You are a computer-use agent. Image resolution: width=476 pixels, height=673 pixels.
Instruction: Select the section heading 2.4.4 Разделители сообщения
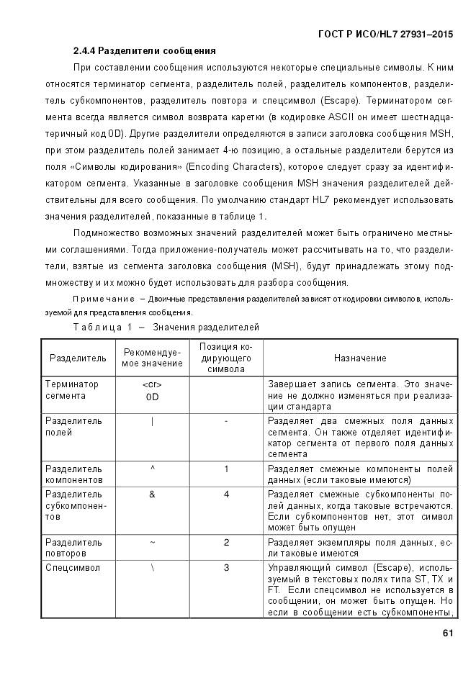pyautogui.click(x=144, y=51)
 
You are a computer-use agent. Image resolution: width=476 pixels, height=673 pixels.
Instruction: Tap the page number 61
pyautogui.click(x=447, y=633)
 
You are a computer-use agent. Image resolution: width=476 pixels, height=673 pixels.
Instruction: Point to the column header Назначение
pyautogui.click(x=360, y=358)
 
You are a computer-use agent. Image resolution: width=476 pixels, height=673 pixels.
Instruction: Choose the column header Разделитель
pyautogui.click(x=78, y=358)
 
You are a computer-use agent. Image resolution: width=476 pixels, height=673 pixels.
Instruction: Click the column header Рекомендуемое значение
pyautogui.click(x=152, y=358)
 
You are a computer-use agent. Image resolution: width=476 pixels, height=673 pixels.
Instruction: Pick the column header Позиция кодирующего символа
pyautogui.click(x=225, y=358)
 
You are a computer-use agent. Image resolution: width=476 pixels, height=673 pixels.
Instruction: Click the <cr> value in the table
pyautogui.click(x=152, y=384)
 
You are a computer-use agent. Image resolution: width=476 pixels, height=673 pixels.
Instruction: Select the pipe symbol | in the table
pyautogui.click(x=152, y=422)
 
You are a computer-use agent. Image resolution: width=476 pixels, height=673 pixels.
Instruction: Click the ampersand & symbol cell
pyautogui.click(x=152, y=494)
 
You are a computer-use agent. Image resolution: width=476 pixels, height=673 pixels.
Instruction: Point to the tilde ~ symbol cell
pyautogui.click(x=152, y=542)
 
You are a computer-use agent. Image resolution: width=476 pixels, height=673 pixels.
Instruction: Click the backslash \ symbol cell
pyautogui.click(x=152, y=568)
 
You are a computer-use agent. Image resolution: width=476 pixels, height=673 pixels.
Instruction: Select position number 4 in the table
pyautogui.click(x=226, y=494)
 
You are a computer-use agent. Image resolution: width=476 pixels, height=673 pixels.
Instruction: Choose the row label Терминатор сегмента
pyautogui.click(x=72, y=389)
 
